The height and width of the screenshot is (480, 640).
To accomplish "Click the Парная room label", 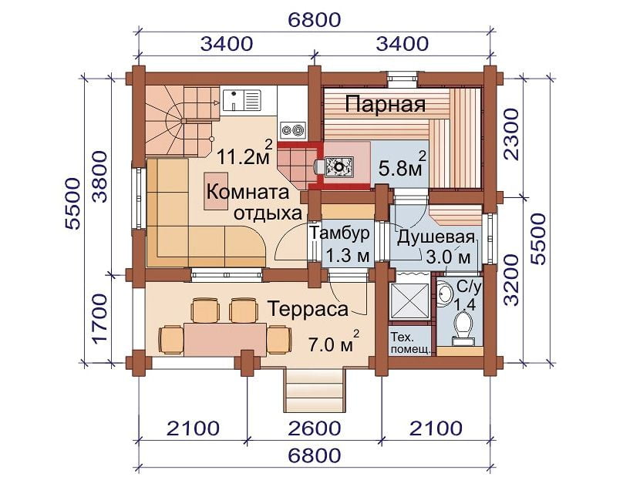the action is click(385, 105).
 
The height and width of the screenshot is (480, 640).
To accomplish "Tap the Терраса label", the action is click(308, 309).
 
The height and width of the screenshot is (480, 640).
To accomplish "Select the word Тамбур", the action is click(339, 233).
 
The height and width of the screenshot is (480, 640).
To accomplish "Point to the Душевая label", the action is click(436, 237).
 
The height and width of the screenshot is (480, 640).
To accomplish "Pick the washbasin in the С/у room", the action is click(444, 293).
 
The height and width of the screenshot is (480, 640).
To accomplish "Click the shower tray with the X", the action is click(409, 300).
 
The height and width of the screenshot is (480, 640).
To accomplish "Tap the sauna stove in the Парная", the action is click(339, 166).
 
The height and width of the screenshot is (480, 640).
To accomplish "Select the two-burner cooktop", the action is click(292, 129).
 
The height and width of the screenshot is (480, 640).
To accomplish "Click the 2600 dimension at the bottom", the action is click(315, 428).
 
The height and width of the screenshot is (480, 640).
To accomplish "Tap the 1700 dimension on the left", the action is click(100, 319).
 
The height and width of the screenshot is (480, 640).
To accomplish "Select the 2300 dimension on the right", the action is click(511, 135).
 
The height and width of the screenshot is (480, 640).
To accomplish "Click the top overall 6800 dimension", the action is click(315, 19).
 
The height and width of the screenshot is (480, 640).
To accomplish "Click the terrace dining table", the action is click(226, 338).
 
